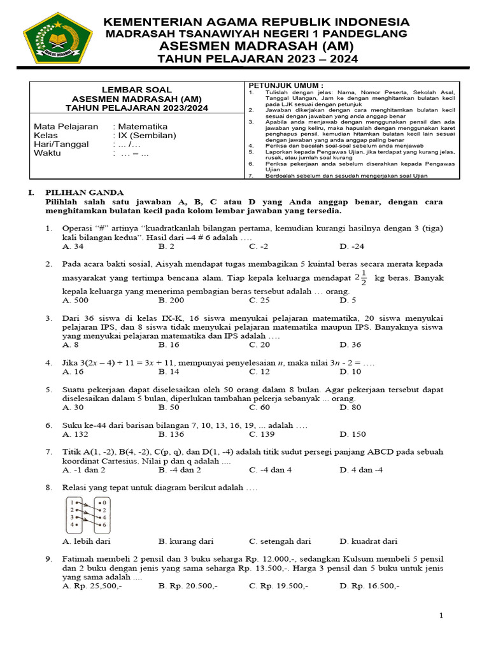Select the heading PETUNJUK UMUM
click(286, 85)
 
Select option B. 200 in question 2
click(171, 300)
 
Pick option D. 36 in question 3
click(350, 344)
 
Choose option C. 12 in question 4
click(260, 372)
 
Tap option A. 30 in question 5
click(73, 407)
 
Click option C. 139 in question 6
click(262, 434)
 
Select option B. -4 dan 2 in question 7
click(180, 470)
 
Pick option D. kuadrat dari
click(368, 541)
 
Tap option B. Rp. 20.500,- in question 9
click(188, 586)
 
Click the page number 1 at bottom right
click(441, 616)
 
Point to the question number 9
click(48, 559)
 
